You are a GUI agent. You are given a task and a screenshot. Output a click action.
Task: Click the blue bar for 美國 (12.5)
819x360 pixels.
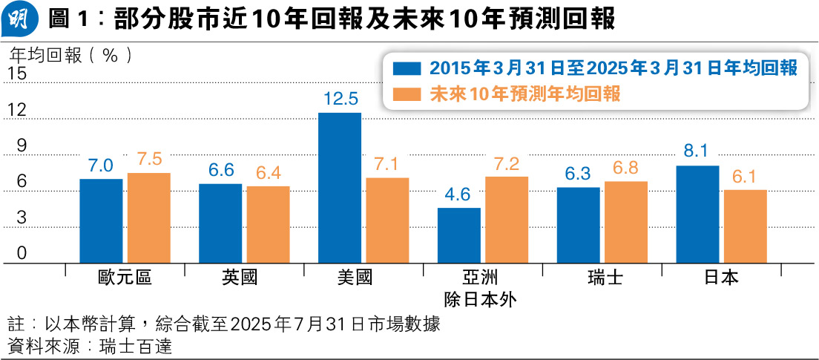tap(340, 188)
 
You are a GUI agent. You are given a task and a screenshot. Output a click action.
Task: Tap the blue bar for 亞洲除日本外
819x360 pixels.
tap(459, 235)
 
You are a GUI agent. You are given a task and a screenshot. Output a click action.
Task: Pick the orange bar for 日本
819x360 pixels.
tap(746, 226)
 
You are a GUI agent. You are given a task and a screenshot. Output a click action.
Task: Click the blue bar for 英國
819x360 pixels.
tap(220, 223)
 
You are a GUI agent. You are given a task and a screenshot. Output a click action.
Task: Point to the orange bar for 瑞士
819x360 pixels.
tap(626, 222)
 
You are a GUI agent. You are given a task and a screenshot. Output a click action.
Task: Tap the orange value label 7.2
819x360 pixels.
tap(507, 163)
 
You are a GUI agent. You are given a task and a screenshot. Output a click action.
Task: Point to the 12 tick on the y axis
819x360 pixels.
tap(17, 111)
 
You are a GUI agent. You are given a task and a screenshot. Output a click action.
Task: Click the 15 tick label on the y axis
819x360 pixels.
tap(17, 74)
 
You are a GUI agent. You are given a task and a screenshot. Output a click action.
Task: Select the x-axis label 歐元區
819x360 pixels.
tap(125, 279)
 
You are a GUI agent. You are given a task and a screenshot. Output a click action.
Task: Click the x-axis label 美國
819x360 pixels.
tap(364, 279)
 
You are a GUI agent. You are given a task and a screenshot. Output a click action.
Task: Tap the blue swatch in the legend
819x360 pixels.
tap(407, 69)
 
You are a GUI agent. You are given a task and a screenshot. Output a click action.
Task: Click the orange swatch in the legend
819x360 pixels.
tap(407, 94)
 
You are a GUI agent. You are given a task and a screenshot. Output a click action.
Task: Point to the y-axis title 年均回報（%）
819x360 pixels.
tap(71, 54)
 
